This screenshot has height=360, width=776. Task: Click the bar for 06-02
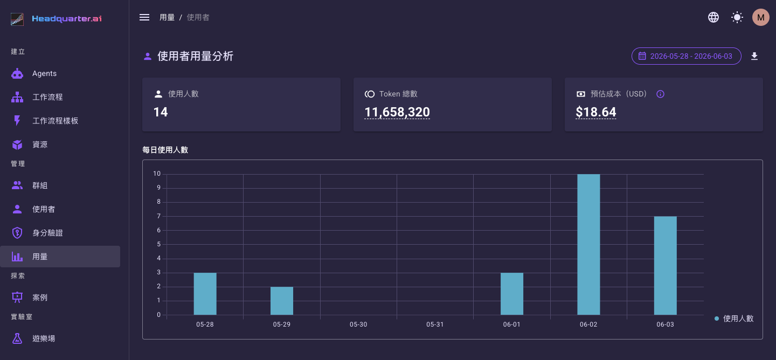tap(588, 244)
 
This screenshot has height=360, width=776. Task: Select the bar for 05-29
tap(282, 301)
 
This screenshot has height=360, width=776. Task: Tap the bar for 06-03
tap(665, 265)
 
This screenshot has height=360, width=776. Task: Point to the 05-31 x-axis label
tap(435, 324)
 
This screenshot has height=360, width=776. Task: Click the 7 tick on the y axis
tap(158, 216)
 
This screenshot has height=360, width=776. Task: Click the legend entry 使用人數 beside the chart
tap(734, 319)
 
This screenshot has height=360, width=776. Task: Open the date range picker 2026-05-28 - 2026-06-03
tap(687, 56)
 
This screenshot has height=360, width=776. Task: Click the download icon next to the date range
tap(754, 56)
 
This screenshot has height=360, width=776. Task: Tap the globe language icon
tap(713, 17)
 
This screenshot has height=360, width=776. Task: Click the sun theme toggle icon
tap(737, 17)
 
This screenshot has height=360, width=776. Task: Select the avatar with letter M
tap(760, 17)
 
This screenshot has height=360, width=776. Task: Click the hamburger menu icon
tap(144, 17)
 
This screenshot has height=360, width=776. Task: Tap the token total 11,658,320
tap(397, 112)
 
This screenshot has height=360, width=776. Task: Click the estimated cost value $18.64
tap(596, 112)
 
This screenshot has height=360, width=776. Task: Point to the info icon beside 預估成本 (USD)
tap(660, 94)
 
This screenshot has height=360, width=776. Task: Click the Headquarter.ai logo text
tap(67, 19)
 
